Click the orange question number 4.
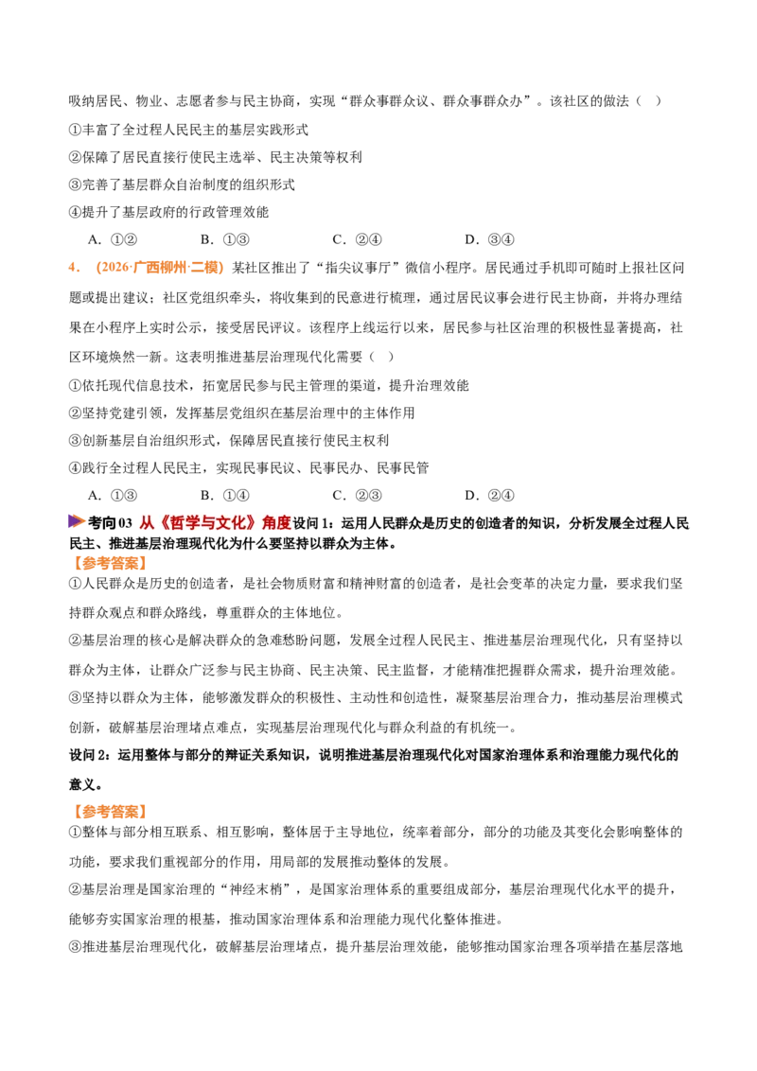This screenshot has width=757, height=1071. tap(74, 268)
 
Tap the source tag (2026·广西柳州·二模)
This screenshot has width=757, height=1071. tap(160, 268)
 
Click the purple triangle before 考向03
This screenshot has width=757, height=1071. tap(77, 522)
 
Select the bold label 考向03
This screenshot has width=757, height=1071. tap(110, 523)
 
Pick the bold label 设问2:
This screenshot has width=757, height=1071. tap(90, 755)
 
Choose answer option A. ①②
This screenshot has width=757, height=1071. tap(113, 239)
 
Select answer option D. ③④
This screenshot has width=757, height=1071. tap(489, 239)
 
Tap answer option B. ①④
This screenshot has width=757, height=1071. tap(225, 496)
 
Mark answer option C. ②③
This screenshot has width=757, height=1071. tap(357, 496)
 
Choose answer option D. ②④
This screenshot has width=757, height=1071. tap(489, 496)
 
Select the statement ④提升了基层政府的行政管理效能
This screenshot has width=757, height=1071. tap(168, 213)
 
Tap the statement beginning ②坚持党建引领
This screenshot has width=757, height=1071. tap(242, 413)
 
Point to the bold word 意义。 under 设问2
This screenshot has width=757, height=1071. tap(86, 784)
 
